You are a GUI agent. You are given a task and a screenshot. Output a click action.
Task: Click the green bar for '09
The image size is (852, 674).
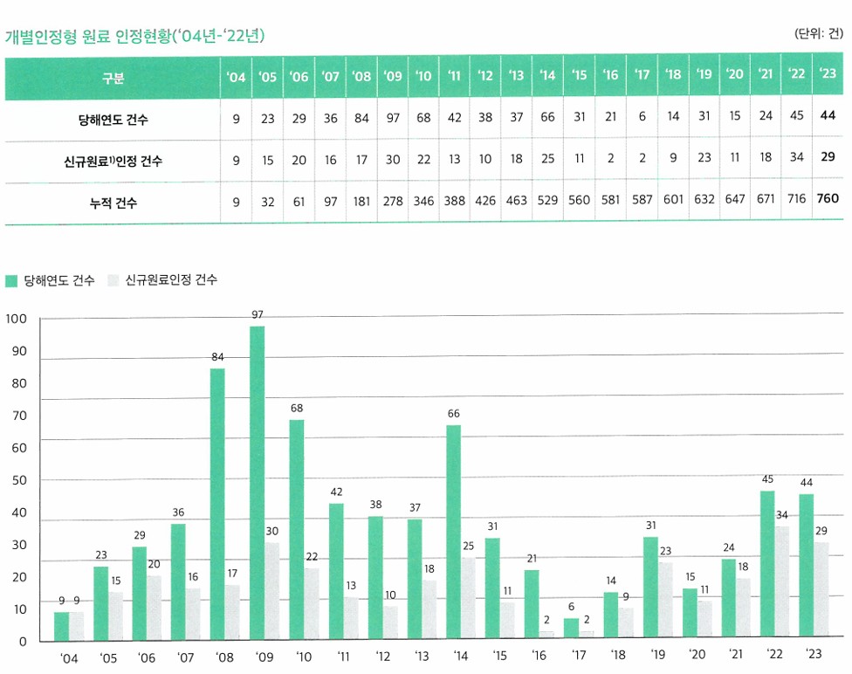[258, 485]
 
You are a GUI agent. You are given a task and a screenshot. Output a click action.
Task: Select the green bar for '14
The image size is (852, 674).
[453, 533]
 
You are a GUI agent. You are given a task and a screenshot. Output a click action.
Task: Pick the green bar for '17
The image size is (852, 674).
[571, 629]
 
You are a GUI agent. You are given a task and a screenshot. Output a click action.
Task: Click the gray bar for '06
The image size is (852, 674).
[154, 608]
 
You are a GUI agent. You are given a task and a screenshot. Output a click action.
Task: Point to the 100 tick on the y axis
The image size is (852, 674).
[17, 320]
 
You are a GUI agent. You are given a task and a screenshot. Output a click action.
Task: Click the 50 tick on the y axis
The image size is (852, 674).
[17, 480]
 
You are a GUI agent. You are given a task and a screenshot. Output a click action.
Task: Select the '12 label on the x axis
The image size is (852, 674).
[382, 657]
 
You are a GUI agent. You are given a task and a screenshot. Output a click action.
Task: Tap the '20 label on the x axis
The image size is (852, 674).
[697, 657]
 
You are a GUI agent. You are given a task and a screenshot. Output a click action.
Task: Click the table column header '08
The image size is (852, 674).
[361, 77]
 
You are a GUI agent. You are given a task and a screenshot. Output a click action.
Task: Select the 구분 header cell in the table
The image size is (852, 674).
[113, 78]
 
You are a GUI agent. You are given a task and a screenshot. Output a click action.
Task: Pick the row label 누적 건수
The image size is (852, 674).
[113, 202]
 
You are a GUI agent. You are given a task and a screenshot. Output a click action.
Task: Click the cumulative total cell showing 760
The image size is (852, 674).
[827, 200]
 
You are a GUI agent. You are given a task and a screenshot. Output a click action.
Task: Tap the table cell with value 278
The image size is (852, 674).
[393, 201]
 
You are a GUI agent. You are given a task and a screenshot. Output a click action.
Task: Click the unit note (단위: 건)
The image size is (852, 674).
[819, 34]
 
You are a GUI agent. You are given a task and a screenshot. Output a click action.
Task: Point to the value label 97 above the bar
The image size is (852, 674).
[258, 314]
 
